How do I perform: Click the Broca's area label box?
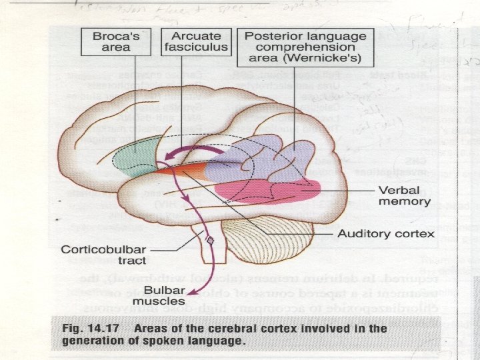[110, 42]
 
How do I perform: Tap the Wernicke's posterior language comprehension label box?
[305, 47]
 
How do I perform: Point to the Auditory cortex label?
[386, 233]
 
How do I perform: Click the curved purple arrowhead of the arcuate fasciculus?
[161, 157]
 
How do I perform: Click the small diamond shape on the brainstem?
[210, 239]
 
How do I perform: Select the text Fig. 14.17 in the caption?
[80, 329]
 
